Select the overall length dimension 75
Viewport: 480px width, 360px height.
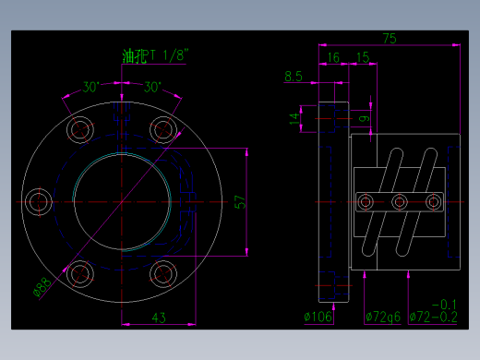tap(389, 38)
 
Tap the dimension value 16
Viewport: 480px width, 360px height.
tap(332, 57)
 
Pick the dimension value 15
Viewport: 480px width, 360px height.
tap(362, 57)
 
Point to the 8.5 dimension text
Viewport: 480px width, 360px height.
tap(294, 77)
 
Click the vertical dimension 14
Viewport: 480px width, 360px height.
tap(294, 119)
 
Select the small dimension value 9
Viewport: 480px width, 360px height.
tap(364, 118)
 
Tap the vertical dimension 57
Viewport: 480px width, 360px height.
tap(239, 201)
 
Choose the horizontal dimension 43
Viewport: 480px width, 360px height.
tap(158, 318)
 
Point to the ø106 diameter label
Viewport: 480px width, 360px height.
tap(318, 318)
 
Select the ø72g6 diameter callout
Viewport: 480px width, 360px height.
tap(383, 318)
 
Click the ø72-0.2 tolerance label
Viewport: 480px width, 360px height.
tap(433, 318)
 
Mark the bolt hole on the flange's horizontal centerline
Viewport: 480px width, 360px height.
tap(38, 201)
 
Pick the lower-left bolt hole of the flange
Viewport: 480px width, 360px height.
tap(80, 273)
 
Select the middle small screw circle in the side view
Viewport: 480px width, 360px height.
tap(400, 201)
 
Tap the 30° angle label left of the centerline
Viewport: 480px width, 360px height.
tap(91, 88)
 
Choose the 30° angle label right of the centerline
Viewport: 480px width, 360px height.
tap(152, 88)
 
